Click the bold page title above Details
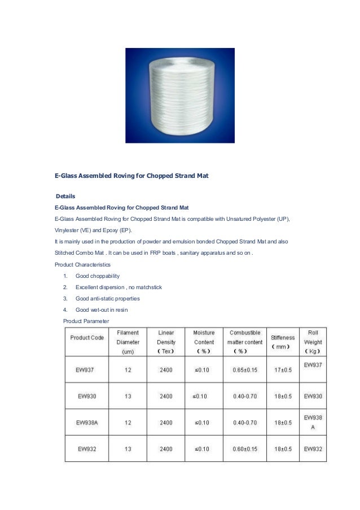coord(131,176)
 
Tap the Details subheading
coord(65,196)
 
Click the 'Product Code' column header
coord(87,337)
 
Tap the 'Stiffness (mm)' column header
coord(283,342)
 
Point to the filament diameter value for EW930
coord(128,396)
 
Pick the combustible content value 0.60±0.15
coord(244,449)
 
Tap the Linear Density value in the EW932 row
coord(166,449)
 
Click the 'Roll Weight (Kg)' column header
coord(313,342)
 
